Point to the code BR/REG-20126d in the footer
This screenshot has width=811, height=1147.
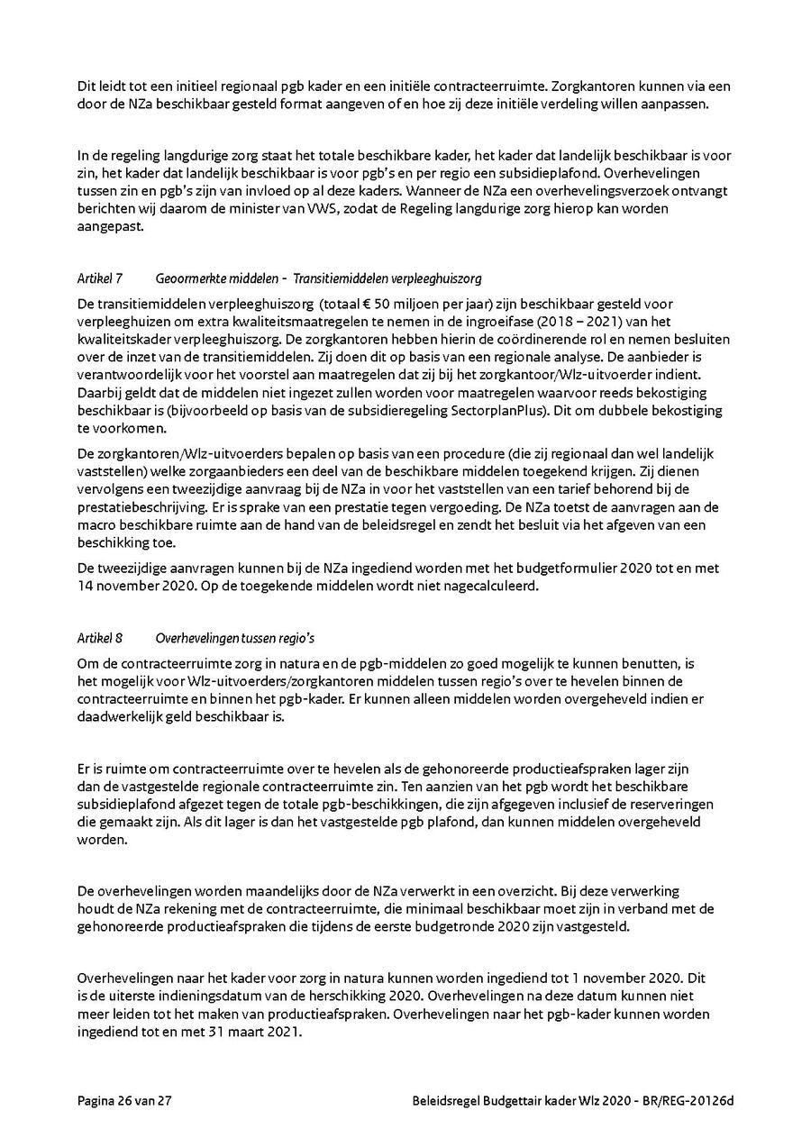[x=689, y=1101]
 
